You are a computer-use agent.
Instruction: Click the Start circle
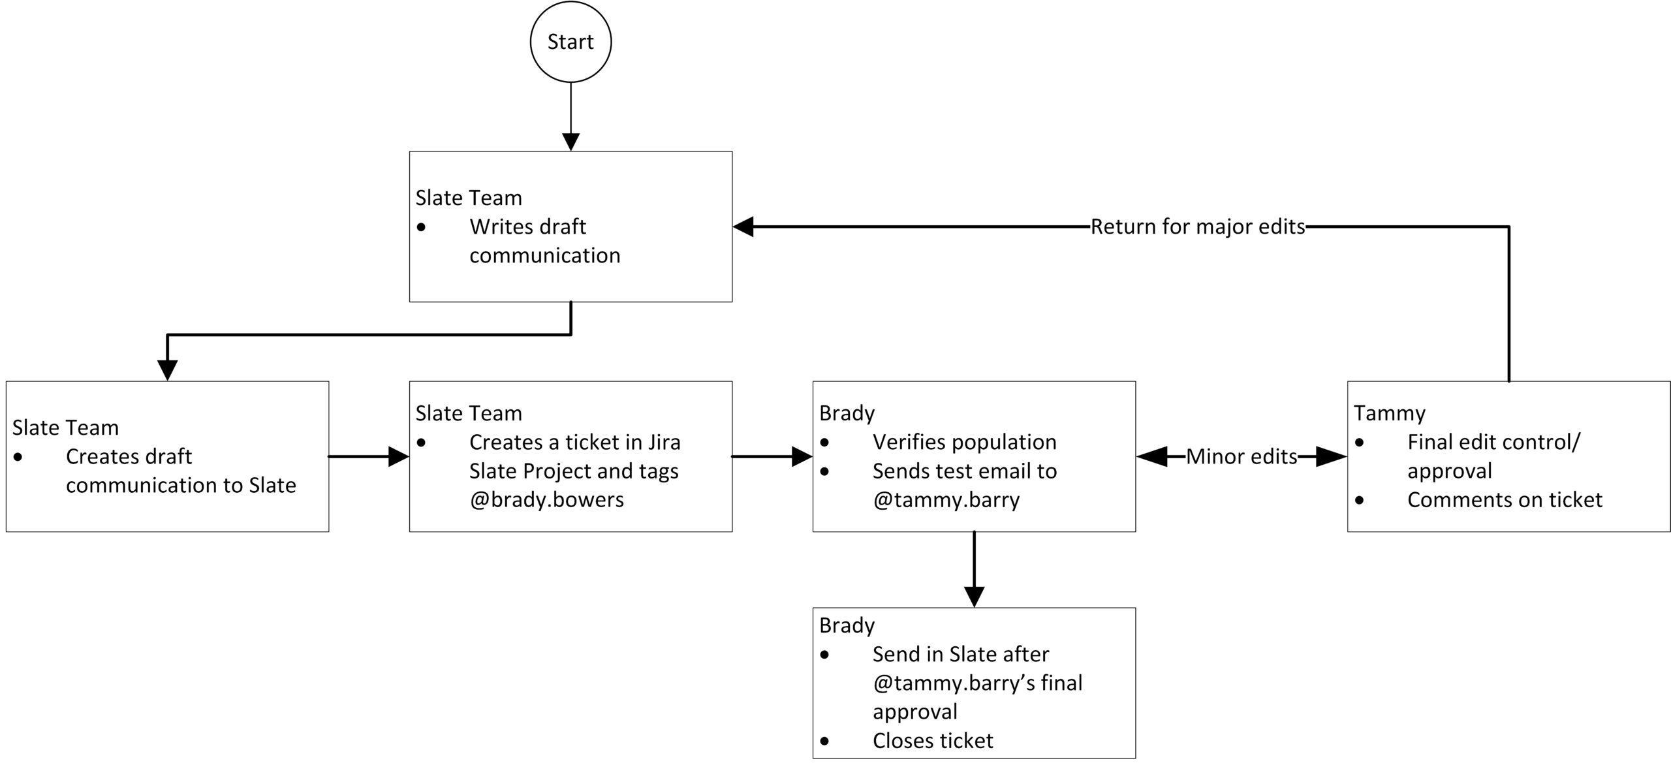click(570, 42)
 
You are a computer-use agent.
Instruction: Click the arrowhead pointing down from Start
click(570, 142)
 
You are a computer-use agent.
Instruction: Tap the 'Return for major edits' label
click(1197, 227)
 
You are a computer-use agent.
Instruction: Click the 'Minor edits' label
click(1241, 456)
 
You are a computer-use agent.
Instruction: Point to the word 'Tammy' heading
click(1389, 413)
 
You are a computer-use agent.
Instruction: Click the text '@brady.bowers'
click(546, 499)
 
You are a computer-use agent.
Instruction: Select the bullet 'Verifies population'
click(964, 442)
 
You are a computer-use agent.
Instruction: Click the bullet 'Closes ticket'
click(932, 740)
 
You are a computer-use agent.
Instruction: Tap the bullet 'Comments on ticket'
click(1504, 499)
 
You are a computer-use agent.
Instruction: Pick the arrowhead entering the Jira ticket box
click(398, 456)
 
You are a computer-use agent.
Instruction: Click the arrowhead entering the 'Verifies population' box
click(802, 456)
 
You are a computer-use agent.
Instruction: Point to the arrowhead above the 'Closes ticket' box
click(974, 597)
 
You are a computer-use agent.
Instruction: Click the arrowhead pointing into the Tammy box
click(1332, 456)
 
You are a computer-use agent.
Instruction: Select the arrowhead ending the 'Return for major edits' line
click(743, 227)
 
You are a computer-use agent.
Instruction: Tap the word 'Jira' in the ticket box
click(664, 442)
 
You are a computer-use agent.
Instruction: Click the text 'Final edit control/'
click(1493, 442)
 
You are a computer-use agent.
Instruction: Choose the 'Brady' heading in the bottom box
click(847, 625)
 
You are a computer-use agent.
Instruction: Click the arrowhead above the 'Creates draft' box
click(167, 370)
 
